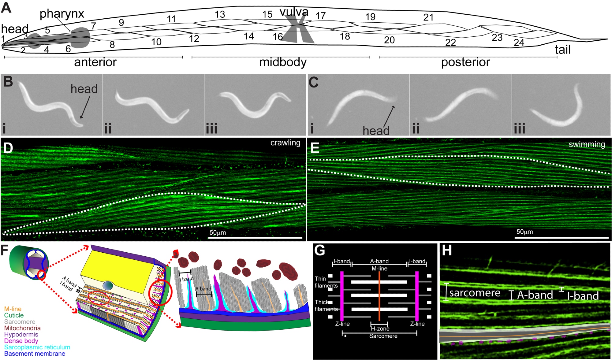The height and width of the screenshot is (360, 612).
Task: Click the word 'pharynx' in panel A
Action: tap(62, 14)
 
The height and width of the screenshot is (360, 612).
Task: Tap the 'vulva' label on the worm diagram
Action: tap(294, 12)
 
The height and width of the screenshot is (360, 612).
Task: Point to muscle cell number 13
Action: tap(220, 14)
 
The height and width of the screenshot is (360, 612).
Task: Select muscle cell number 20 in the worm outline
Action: tap(389, 40)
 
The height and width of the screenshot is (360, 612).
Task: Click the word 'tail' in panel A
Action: tap(563, 50)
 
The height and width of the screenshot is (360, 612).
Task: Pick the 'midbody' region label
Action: tap(283, 62)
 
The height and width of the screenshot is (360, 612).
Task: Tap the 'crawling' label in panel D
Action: tap(285, 143)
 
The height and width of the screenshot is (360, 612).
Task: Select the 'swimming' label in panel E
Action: tap(587, 144)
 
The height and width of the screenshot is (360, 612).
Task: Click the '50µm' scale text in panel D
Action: tap(218, 233)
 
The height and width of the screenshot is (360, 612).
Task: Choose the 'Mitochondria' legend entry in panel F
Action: tap(22, 328)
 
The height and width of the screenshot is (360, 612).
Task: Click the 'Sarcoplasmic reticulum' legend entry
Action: tap(37, 347)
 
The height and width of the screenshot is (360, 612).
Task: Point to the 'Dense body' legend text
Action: tap(21, 341)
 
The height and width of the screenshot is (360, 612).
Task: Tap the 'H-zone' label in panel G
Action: tap(380, 329)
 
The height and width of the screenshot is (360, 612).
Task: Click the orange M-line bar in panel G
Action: tap(379, 295)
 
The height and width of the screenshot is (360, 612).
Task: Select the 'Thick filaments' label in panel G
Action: tap(326, 306)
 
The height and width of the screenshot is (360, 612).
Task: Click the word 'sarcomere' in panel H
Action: tap(475, 293)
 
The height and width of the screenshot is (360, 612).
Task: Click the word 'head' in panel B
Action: tap(84, 89)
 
